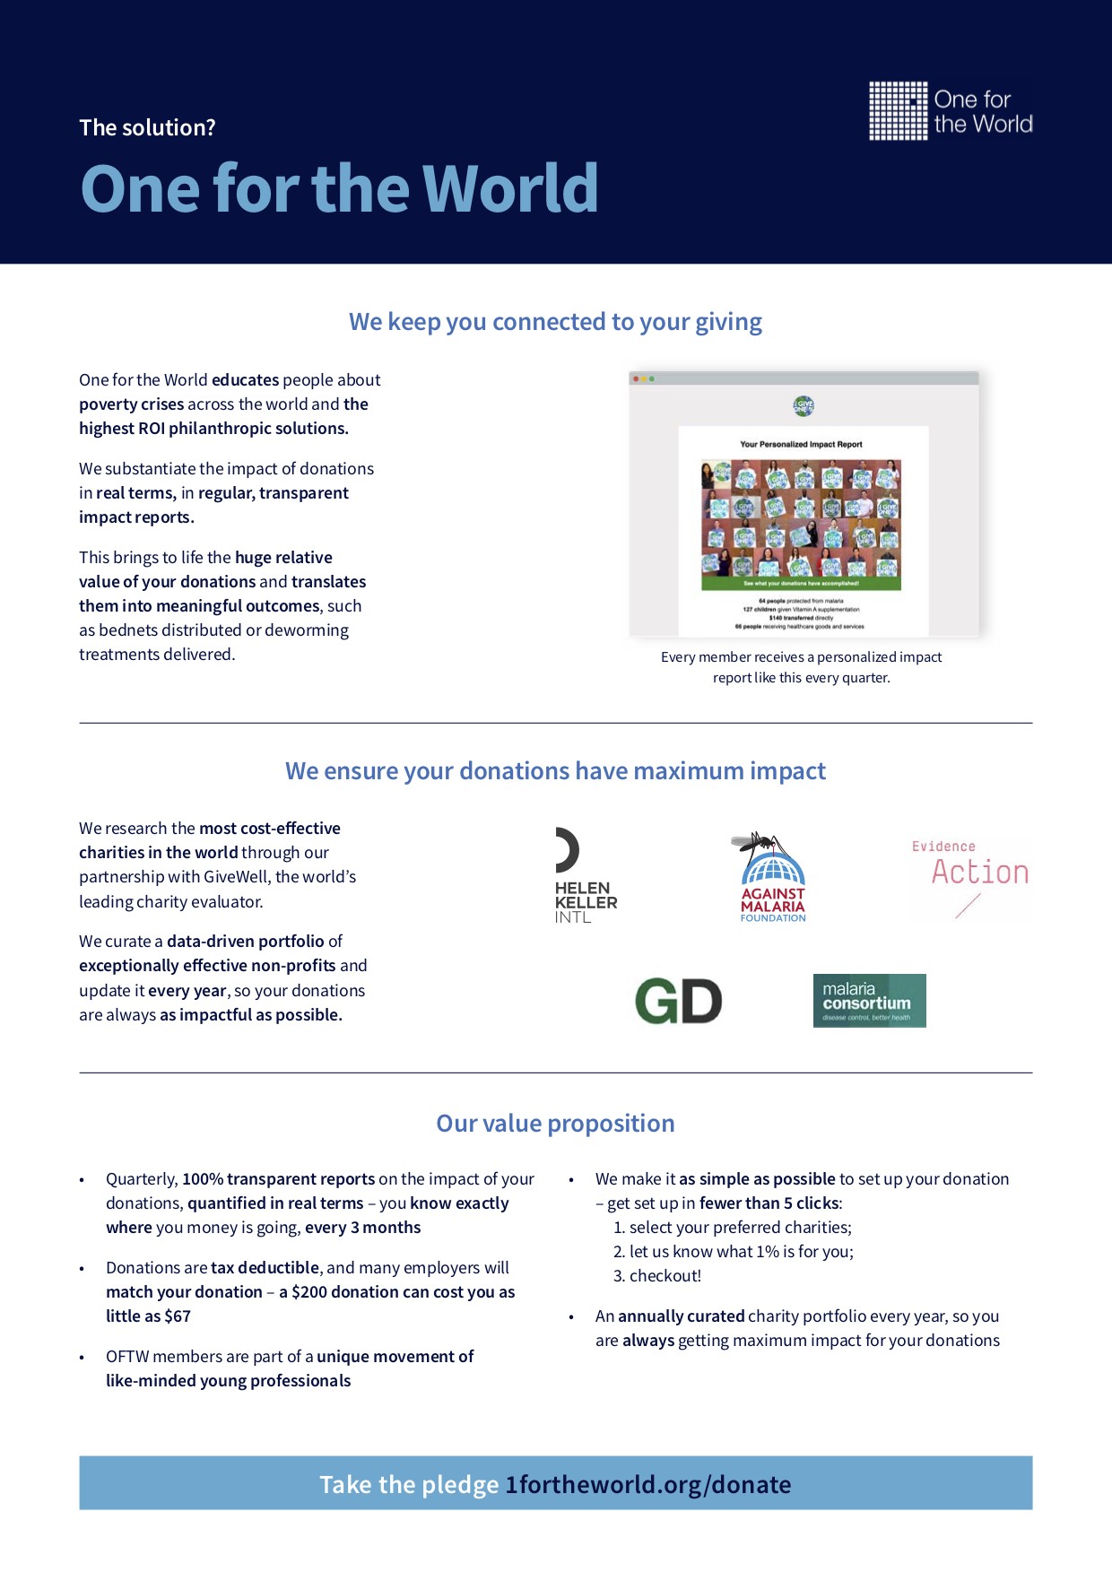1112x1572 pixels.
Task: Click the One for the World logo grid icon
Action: click(898, 111)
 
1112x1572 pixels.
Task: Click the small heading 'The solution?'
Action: click(147, 127)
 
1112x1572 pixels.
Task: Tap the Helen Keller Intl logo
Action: click(585, 876)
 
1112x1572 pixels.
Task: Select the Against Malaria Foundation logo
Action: click(772, 877)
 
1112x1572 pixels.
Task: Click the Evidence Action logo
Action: click(970, 879)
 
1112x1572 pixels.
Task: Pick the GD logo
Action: click(678, 1001)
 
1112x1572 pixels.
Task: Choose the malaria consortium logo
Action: click(869, 1001)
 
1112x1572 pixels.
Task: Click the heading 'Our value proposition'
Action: click(555, 1124)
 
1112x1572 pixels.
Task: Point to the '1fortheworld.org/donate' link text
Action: click(647, 1485)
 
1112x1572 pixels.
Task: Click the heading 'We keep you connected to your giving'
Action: click(555, 322)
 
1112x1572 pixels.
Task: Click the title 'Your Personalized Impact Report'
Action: click(801, 444)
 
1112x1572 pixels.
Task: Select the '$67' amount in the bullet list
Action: click(178, 1316)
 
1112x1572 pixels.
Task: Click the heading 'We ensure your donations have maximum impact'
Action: click(555, 771)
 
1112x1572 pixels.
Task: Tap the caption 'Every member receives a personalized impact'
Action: click(801, 657)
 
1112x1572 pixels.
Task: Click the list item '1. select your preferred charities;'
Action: click(732, 1228)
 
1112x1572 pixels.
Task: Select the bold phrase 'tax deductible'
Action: click(265, 1268)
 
